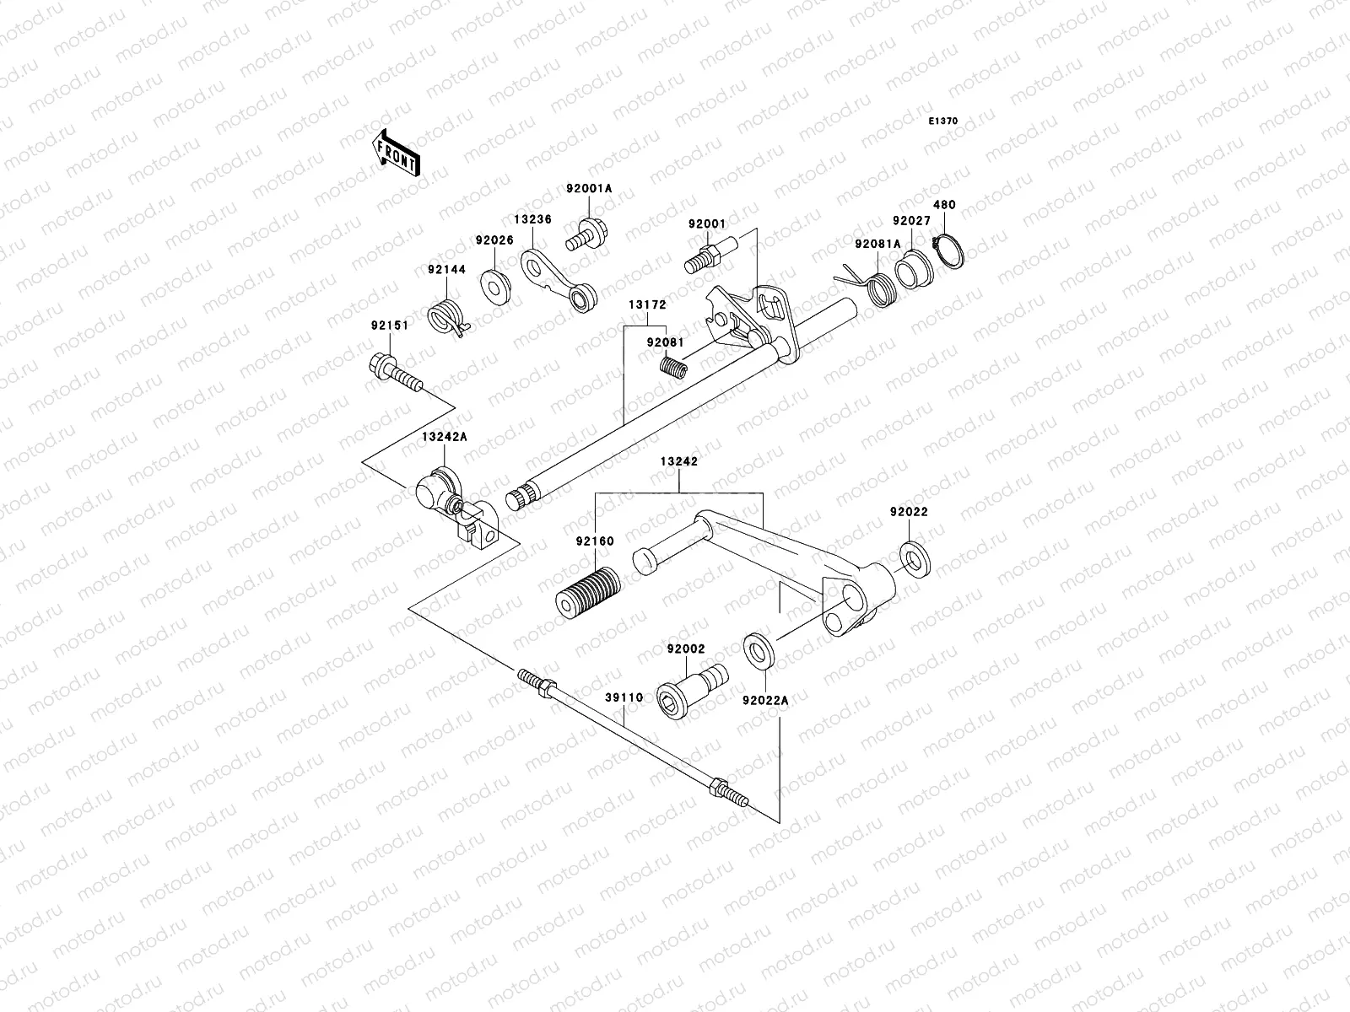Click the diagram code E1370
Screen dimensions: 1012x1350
click(x=943, y=121)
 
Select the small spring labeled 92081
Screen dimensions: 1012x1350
click(x=675, y=369)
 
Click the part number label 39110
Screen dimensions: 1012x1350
click(x=624, y=697)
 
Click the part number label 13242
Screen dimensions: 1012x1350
click(x=678, y=462)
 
